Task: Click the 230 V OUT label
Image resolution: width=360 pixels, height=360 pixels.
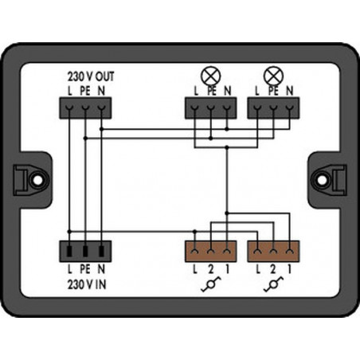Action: (91, 76)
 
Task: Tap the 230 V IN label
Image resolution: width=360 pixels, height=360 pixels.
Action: (87, 285)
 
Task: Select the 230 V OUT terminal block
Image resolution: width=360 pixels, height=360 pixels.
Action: (85, 108)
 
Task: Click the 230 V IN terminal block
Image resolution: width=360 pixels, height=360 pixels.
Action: (85, 251)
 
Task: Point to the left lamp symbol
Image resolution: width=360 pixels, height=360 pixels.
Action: (211, 76)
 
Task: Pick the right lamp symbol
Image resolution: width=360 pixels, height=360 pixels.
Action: (273, 76)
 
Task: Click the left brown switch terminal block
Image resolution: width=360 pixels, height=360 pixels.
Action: (211, 251)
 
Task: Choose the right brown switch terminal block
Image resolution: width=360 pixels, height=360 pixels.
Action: (273, 251)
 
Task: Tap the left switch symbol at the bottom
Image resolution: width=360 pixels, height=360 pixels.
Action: (211, 284)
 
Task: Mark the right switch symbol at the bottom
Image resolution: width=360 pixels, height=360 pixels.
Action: (273, 284)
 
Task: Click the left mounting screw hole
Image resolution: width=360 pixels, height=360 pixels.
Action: (37, 180)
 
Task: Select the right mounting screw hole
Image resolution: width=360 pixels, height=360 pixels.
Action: (323, 180)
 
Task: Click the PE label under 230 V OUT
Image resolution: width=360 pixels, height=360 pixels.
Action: (85, 91)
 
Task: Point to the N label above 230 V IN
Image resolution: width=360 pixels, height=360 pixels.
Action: (101, 269)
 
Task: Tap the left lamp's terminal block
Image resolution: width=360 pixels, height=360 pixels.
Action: (211, 108)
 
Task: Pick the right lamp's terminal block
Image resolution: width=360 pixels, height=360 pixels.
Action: (273, 108)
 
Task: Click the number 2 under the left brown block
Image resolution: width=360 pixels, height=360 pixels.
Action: (211, 269)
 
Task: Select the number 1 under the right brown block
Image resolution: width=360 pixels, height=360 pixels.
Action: (290, 269)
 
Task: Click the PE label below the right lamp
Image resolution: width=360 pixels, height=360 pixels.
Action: (273, 91)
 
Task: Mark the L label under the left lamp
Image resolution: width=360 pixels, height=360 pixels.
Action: (196, 91)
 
